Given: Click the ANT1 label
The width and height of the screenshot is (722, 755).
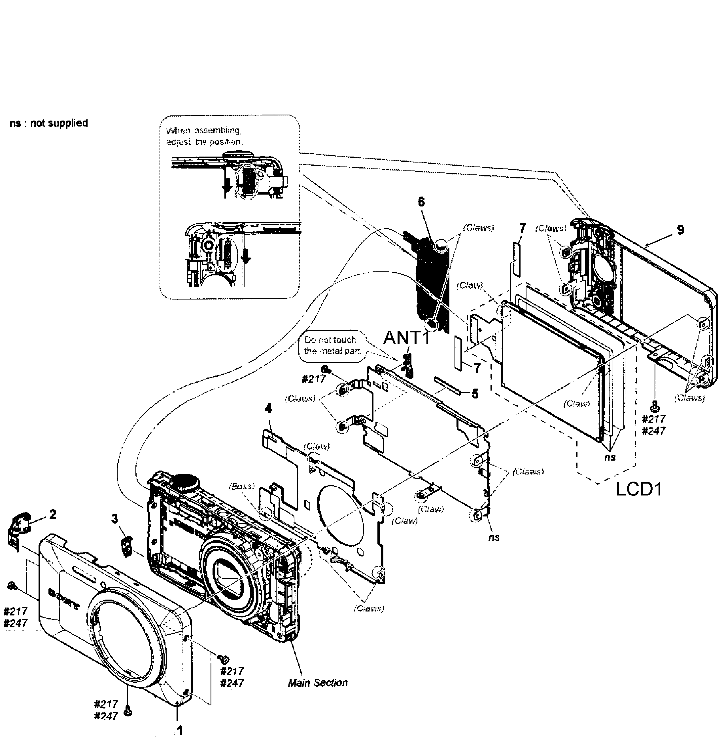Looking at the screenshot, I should [406, 338].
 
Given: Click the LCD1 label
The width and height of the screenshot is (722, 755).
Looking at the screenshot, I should [639, 489].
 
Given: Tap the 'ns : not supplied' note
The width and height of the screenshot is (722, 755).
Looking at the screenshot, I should [48, 123].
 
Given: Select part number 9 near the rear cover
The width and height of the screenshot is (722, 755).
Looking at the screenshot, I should [680, 230].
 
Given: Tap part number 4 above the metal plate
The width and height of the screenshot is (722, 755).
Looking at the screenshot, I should [268, 408].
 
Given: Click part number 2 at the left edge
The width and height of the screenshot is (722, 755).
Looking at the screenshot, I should [53, 514].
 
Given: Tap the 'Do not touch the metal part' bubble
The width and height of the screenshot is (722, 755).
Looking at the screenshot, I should [332, 345].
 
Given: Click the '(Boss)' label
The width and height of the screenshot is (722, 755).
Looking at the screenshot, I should [241, 486].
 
